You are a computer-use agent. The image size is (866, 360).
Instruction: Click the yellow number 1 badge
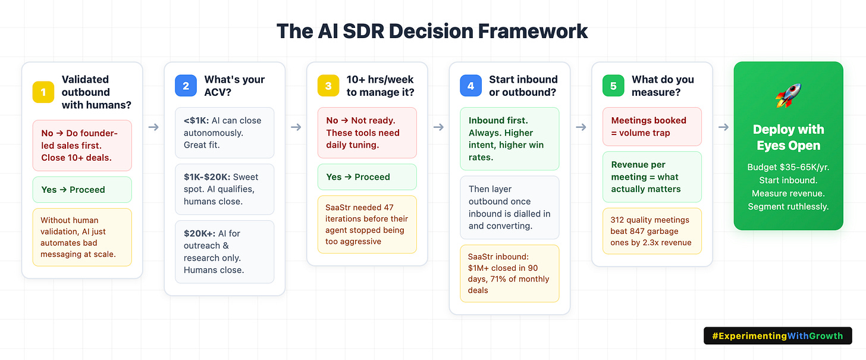coord(43,92)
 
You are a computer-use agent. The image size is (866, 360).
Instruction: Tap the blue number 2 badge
coord(186,86)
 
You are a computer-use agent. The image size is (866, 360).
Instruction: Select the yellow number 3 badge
coord(328,86)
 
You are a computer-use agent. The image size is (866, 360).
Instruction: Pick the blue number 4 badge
coord(471,86)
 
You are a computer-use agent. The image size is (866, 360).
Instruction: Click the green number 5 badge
coord(613,86)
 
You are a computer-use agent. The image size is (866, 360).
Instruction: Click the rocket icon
coord(789,95)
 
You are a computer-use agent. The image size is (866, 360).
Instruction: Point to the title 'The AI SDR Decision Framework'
coord(432,30)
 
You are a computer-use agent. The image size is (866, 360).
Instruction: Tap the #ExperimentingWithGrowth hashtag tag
coord(777,336)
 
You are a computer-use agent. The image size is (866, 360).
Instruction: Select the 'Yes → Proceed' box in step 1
coord(82,190)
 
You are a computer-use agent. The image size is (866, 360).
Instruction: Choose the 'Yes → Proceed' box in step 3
coord(367,177)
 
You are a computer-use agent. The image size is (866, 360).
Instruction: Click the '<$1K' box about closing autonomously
coord(225,133)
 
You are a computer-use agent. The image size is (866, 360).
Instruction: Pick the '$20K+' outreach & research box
coord(225,252)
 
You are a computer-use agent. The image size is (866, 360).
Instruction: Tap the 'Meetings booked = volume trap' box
coord(652,127)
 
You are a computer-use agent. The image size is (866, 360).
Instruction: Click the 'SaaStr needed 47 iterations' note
coord(367,224)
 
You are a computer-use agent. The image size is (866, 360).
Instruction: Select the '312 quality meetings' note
coord(652,231)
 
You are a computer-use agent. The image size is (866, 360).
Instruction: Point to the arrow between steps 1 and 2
coord(153,127)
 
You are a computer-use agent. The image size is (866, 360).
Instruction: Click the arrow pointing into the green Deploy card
coord(723,127)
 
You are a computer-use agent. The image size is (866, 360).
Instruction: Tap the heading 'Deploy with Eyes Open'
coord(789,137)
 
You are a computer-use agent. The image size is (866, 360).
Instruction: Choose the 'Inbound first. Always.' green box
coord(510,139)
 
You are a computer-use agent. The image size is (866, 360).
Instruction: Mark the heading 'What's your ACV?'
coord(234,86)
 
